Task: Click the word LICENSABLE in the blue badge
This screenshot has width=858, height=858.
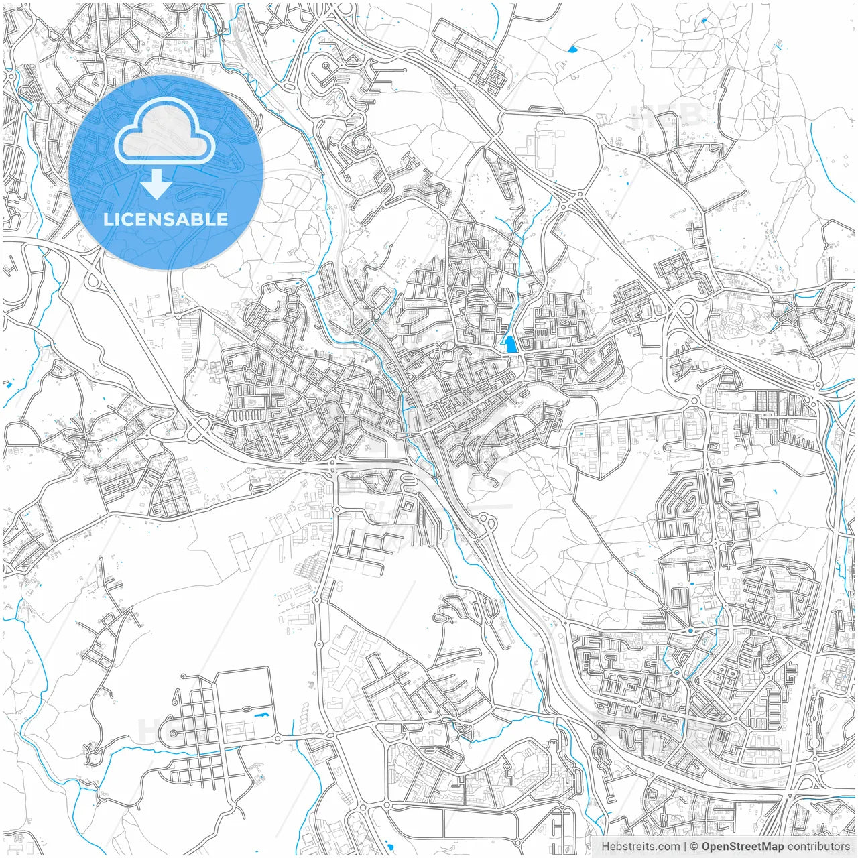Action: coord(166,219)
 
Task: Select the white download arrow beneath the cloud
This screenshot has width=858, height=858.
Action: coord(156,184)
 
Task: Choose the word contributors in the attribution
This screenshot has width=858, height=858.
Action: coord(818,847)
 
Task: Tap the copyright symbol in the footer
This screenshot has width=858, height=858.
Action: coord(694,847)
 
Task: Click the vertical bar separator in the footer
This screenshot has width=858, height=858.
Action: coord(684,847)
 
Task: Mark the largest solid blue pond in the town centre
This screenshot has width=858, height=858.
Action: coord(511,345)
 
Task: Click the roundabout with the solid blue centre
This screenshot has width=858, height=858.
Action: coord(690,630)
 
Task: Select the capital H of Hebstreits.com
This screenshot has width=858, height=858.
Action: coord(605,847)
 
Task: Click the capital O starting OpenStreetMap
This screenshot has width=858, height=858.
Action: coord(707,847)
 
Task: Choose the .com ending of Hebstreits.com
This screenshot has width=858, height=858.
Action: coord(668,847)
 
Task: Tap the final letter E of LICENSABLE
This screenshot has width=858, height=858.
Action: coord(223,219)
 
